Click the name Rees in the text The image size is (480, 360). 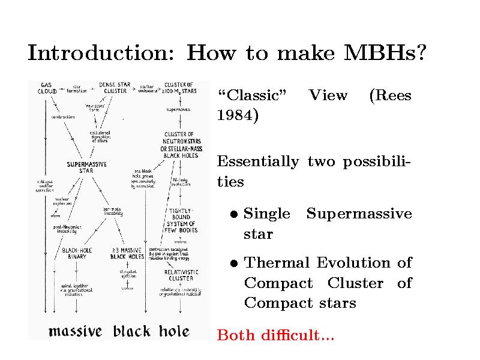tap(391, 95)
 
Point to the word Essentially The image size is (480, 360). tap(257, 161)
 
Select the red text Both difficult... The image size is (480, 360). tap(275, 335)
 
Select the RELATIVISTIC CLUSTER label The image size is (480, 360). tap(181, 275)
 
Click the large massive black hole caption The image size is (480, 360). tap(119, 331)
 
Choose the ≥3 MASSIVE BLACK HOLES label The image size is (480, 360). tap(127, 254)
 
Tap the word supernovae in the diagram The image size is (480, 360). tap(179, 110)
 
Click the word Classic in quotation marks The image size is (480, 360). tap(251, 95)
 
